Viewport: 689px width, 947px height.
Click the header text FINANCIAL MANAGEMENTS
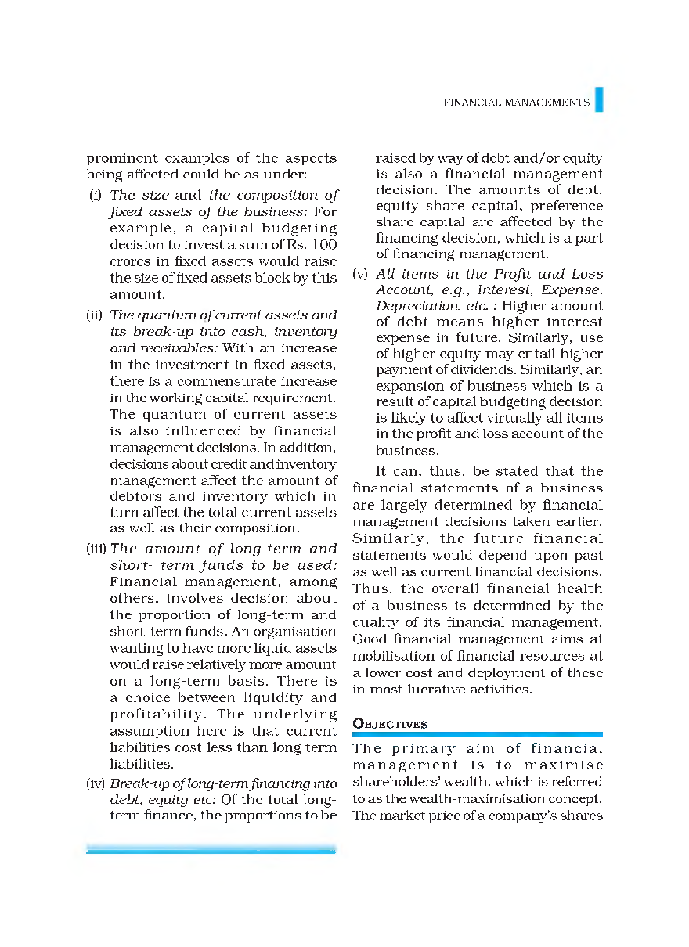click(516, 103)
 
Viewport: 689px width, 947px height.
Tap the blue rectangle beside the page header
click(598, 99)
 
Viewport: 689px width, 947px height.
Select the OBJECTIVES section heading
click(390, 724)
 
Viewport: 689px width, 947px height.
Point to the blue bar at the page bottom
click(211, 848)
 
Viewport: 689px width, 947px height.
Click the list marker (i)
click(96, 196)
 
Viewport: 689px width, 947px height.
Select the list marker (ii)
click(95, 315)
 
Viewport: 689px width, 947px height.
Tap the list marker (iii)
click(97, 549)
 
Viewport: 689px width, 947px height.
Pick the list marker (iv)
click(96, 783)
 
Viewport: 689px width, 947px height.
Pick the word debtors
click(134, 496)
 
